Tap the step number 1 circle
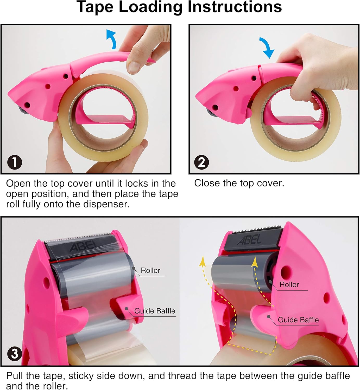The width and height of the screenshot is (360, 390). click(x=15, y=162)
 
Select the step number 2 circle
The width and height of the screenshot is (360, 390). click(x=201, y=162)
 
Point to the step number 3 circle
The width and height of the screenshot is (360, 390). click(x=15, y=354)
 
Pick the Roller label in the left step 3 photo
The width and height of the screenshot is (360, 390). click(x=150, y=270)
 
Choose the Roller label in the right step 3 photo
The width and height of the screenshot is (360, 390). click(x=289, y=284)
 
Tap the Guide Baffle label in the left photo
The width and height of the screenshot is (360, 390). click(x=155, y=311)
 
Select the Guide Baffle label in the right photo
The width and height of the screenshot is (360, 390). click(x=298, y=320)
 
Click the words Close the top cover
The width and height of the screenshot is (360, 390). click(x=239, y=183)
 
